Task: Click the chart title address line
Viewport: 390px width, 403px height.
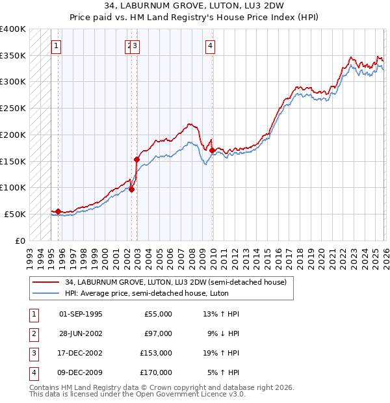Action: (x=195, y=6)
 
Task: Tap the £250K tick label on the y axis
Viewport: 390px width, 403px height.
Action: (x=13, y=109)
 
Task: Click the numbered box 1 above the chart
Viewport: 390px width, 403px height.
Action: (x=58, y=45)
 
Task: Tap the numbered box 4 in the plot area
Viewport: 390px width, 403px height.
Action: (x=211, y=45)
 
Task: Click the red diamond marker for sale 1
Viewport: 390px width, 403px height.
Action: (x=58, y=211)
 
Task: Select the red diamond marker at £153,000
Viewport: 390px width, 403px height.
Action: (x=136, y=159)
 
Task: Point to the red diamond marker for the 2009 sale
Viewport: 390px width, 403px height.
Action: (x=212, y=150)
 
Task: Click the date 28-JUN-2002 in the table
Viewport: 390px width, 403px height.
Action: (x=81, y=333)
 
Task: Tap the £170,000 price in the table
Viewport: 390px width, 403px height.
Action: (x=156, y=372)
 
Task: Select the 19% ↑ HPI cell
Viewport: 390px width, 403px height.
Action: (x=221, y=353)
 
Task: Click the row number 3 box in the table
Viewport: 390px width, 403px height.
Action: (x=32, y=353)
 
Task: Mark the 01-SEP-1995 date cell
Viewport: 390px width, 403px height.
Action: (x=81, y=314)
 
